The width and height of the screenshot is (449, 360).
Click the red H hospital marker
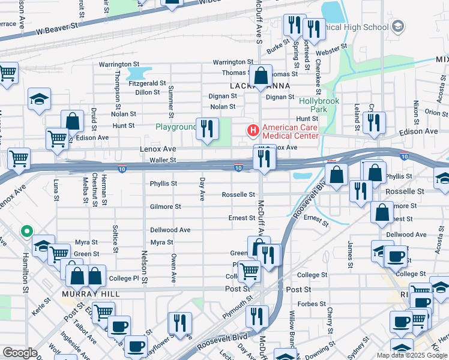tap(253, 130)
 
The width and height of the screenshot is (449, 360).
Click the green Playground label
tap(176, 127)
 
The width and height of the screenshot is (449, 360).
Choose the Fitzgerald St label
tap(147, 83)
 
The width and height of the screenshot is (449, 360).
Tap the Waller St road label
tap(163, 160)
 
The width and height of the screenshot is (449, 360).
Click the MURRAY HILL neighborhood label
tap(90, 295)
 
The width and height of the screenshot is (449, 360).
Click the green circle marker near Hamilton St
tap(26, 231)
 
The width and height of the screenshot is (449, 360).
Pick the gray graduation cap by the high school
tap(397, 26)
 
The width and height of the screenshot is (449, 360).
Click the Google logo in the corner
tap(20, 353)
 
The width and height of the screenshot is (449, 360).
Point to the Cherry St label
tap(330, 321)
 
